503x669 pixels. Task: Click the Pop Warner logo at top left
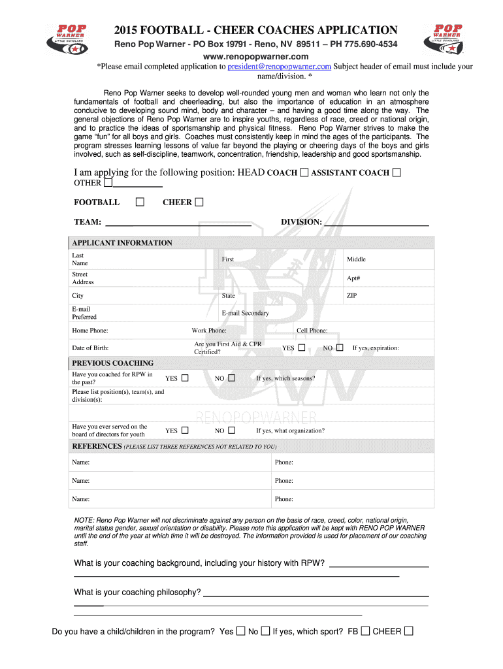click(71, 40)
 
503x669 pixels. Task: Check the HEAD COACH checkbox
click(304, 172)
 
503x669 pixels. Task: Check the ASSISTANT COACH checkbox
click(397, 172)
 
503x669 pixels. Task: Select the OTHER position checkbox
click(108, 183)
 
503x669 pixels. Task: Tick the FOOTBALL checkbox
click(140, 202)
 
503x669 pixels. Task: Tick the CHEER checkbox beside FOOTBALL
click(199, 202)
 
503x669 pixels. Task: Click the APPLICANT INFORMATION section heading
click(122, 243)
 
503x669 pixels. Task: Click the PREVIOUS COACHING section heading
click(113, 363)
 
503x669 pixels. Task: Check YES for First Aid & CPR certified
click(301, 348)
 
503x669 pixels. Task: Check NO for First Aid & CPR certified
click(340, 348)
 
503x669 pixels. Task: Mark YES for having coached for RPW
click(185, 378)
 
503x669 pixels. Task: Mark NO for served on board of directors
click(231, 430)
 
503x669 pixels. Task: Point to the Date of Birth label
click(90, 348)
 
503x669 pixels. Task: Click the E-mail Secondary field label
click(245, 313)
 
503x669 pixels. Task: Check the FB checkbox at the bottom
click(365, 631)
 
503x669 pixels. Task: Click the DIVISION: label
click(301, 222)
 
